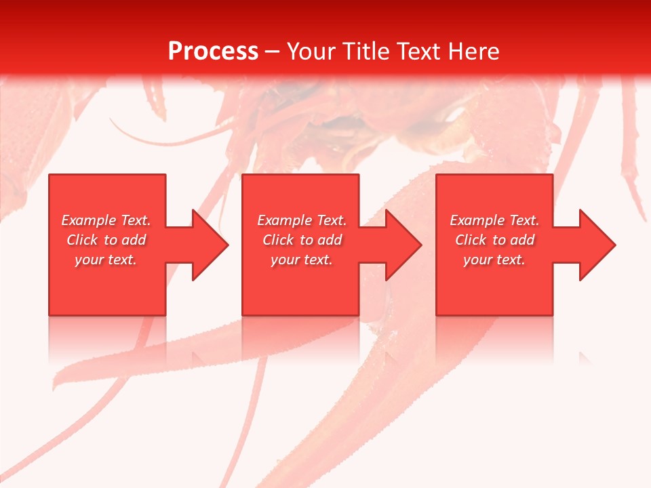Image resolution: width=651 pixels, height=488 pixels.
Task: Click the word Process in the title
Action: click(x=213, y=52)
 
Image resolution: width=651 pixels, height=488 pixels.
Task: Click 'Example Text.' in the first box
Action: click(x=106, y=220)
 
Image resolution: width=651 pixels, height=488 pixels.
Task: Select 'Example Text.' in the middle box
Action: click(x=302, y=220)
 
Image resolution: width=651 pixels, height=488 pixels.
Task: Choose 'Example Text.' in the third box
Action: click(x=494, y=220)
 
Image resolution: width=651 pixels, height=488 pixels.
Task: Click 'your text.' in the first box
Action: click(x=106, y=260)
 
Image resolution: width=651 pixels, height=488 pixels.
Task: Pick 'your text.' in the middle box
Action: click(x=302, y=260)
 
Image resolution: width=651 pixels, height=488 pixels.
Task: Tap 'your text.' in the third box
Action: click(x=494, y=260)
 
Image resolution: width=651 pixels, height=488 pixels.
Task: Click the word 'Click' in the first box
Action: click(x=82, y=240)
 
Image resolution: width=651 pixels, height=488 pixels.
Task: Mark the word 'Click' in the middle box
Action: click(x=278, y=240)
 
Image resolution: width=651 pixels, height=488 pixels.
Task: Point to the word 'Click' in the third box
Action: click(x=471, y=240)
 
